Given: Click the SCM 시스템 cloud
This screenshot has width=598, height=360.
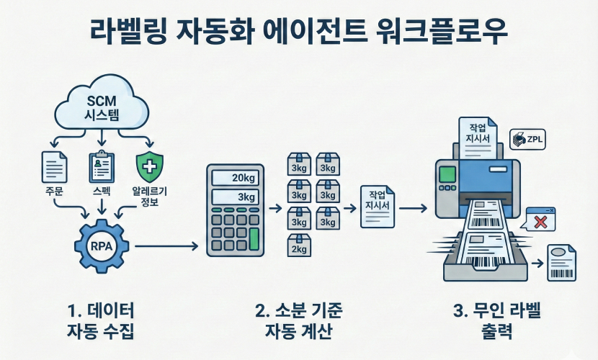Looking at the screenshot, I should click(x=102, y=107).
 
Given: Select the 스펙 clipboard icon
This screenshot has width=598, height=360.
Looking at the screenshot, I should click(x=101, y=166).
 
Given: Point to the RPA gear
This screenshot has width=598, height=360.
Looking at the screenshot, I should click(x=101, y=246).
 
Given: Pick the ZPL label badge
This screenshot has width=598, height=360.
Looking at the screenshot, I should click(x=527, y=139).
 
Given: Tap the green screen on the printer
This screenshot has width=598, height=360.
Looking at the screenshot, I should click(x=447, y=174).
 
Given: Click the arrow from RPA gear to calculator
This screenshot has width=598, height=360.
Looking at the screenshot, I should click(x=166, y=247).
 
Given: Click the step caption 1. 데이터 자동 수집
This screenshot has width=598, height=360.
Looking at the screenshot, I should click(x=101, y=321).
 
